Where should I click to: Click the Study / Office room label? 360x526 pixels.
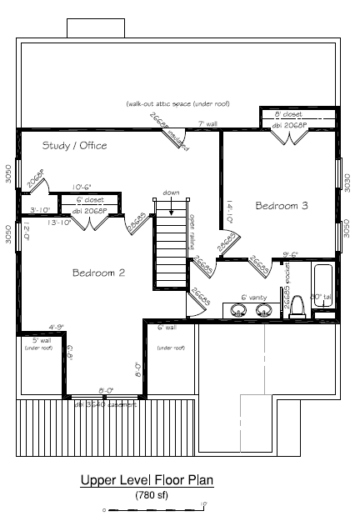[x=75, y=146]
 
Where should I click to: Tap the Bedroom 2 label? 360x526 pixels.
[x=98, y=273]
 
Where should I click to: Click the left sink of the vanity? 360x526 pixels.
[x=240, y=310]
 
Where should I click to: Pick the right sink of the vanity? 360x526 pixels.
[x=264, y=310]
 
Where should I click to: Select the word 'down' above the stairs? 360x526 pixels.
[x=172, y=193]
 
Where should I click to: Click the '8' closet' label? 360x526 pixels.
[x=288, y=114]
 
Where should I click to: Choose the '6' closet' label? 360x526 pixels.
[x=89, y=200]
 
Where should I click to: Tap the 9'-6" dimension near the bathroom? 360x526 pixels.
[x=291, y=255]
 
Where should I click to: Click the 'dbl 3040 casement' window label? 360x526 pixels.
[x=105, y=403]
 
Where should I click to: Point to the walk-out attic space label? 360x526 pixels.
[x=177, y=104]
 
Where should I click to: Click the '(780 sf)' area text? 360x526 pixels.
[x=152, y=494]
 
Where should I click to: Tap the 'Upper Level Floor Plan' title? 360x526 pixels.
[x=147, y=480]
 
